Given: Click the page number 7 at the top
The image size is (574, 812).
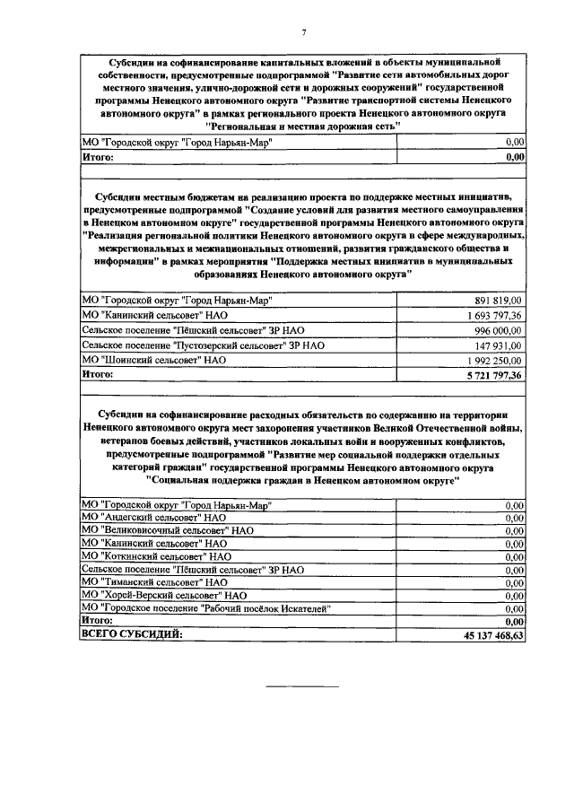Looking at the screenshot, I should pos(303,33).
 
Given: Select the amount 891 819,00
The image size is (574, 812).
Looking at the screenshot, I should pos(497,301).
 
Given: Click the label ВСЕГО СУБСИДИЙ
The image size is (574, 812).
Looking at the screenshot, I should pos(131,634).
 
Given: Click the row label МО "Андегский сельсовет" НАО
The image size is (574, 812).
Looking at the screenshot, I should pos(153,518).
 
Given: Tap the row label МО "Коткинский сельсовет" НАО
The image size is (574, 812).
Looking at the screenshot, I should pos(156,556).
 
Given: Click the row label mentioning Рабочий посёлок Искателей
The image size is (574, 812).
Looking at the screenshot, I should pos(206,607).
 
